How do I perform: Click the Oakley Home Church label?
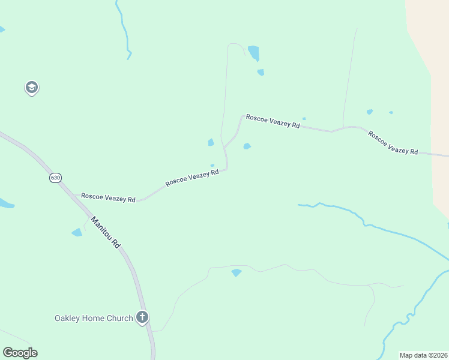(93, 318)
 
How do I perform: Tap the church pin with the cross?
(142, 317)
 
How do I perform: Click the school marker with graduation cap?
(31, 88)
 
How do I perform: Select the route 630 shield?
(56, 178)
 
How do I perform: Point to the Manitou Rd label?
(106, 232)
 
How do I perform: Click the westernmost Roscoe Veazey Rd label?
(108, 197)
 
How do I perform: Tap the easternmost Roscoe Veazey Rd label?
(393, 143)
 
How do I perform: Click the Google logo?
(20, 353)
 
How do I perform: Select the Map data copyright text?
(423, 355)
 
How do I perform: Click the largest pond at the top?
(254, 53)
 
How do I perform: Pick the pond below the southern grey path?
(237, 272)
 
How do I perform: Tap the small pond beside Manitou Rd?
(77, 232)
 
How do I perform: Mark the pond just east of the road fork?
(247, 146)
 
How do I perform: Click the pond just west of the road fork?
(211, 142)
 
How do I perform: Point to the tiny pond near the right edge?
(391, 112)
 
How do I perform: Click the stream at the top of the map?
(124, 30)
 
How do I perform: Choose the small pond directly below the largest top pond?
(261, 72)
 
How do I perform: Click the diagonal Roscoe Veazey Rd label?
(191, 177)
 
